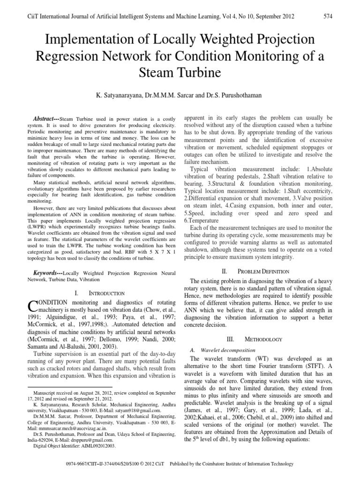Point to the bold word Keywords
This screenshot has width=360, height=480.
pyautogui.click(x=46, y=272)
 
